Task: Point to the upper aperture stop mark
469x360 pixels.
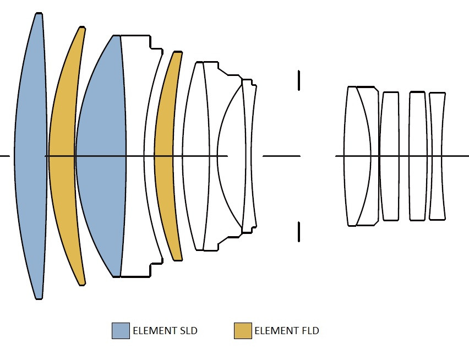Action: click(x=299, y=80)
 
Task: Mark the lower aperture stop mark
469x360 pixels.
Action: click(x=299, y=232)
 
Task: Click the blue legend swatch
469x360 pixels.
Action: click(x=121, y=331)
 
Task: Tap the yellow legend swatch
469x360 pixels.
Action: click(x=243, y=331)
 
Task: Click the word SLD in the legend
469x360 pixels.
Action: click(x=189, y=331)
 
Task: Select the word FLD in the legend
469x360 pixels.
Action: click(x=310, y=331)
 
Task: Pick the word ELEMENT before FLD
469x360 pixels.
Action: click(x=276, y=331)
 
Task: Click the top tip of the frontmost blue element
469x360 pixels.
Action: click(x=39, y=13)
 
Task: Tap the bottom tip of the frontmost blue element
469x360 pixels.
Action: click(x=39, y=299)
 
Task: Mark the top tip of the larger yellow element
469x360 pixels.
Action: click(x=82, y=27)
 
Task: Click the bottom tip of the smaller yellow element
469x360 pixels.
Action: click(x=178, y=260)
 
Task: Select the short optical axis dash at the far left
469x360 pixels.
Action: click(x=5, y=156)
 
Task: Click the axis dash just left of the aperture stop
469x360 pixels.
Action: click(x=281, y=156)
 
